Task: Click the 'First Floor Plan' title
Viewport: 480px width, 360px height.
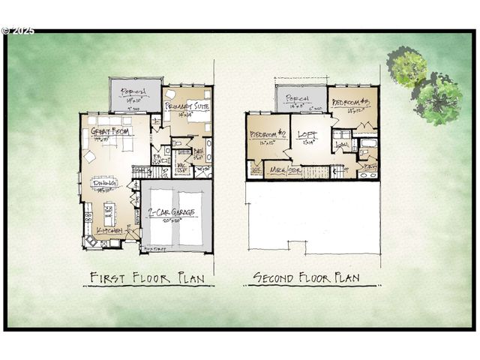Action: click(x=147, y=277)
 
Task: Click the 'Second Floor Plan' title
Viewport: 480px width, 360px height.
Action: click(x=305, y=277)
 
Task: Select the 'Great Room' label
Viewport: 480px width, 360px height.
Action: click(x=110, y=132)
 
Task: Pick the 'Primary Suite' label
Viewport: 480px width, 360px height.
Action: click(x=187, y=108)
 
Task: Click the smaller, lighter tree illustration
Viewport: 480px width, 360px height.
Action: click(x=406, y=66)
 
